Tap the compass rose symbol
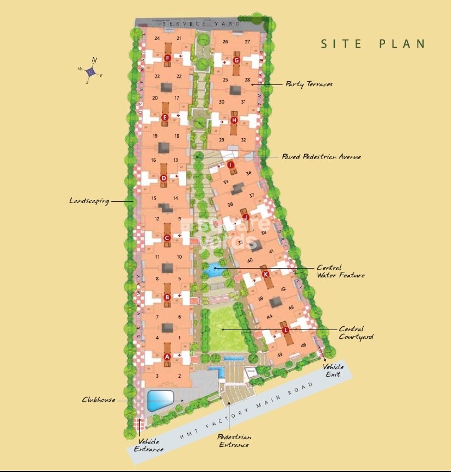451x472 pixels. (92, 71)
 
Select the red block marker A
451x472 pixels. (167, 356)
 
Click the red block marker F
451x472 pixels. (167, 59)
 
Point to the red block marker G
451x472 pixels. (237, 60)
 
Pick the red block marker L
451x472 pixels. (285, 329)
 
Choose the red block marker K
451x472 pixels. (266, 274)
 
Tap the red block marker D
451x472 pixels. (164, 178)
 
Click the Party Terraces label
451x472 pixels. (308, 84)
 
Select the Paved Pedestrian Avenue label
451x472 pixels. (321, 157)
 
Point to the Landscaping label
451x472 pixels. (89, 201)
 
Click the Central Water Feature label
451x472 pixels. (340, 271)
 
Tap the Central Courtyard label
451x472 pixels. (356, 333)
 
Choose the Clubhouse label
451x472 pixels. (99, 400)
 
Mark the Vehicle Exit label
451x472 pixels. (332, 371)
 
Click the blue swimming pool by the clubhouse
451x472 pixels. (160, 399)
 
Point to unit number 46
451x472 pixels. (303, 345)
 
